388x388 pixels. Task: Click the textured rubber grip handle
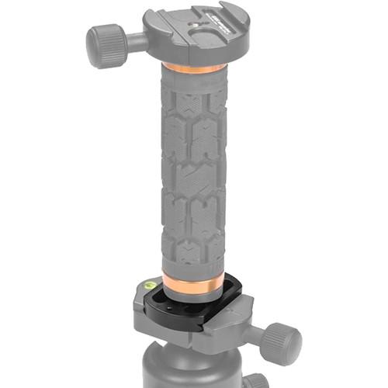coord(194,171)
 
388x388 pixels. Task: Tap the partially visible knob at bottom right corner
coord(256,381)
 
